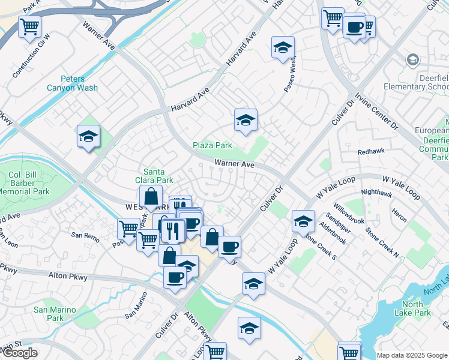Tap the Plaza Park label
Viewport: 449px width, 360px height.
pyautogui.click(x=212, y=145)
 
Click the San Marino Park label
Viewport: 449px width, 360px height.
pyautogui.click(x=55, y=313)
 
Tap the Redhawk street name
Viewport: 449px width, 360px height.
pyautogui.click(x=370, y=152)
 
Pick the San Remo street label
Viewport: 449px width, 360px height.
pyautogui.click(x=85, y=236)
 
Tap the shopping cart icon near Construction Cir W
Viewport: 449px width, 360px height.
pyautogui.click(x=29, y=26)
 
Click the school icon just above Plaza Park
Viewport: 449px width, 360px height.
pyautogui.click(x=245, y=120)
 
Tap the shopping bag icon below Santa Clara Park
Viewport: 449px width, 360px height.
pyautogui.click(x=151, y=196)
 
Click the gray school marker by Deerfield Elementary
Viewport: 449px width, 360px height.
pyautogui.click(x=412, y=59)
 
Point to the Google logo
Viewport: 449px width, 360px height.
pyautogui.click(x=20, y=353)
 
